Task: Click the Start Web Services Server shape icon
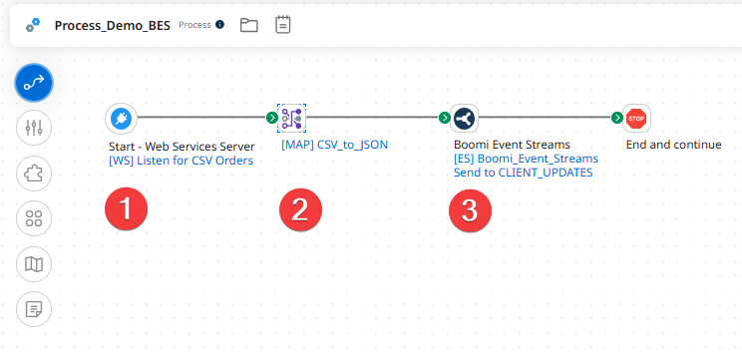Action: (x=120, y=119)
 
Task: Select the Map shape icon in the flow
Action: (x=291, y=119)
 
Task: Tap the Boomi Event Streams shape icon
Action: (x=464, y=119)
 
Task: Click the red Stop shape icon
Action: (x=636, y=119)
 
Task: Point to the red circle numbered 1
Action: (x=127, y=210)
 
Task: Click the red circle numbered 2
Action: (x=299, y=210)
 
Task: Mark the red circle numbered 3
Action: (x=471, y=210)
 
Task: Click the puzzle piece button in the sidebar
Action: (x=34, y=174)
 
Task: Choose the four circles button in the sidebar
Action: (x=34, y=218)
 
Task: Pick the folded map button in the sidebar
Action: (x=34, y=263)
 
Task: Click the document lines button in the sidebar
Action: (x=34, y=308)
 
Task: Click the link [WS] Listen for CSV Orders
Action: (x=181, y=160)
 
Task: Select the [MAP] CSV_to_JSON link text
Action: (x=334, y=145)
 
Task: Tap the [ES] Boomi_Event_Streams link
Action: (x=526, y=159)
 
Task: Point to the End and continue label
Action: (x=673, y=145)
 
